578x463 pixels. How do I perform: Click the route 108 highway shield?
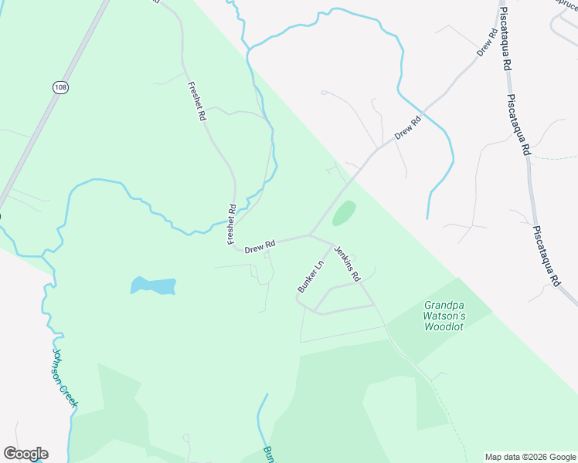[59, 88]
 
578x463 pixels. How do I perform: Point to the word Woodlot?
[444, 326]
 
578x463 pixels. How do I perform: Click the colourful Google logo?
[25, 454]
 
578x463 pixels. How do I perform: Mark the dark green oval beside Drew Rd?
[344, 214]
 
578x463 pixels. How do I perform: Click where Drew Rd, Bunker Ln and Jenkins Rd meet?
[310, 235]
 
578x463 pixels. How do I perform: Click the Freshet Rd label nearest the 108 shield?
[196, 101]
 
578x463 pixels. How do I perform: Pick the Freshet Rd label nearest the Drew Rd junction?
[231, 225]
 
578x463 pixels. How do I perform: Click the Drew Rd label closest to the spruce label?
[486, 42]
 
